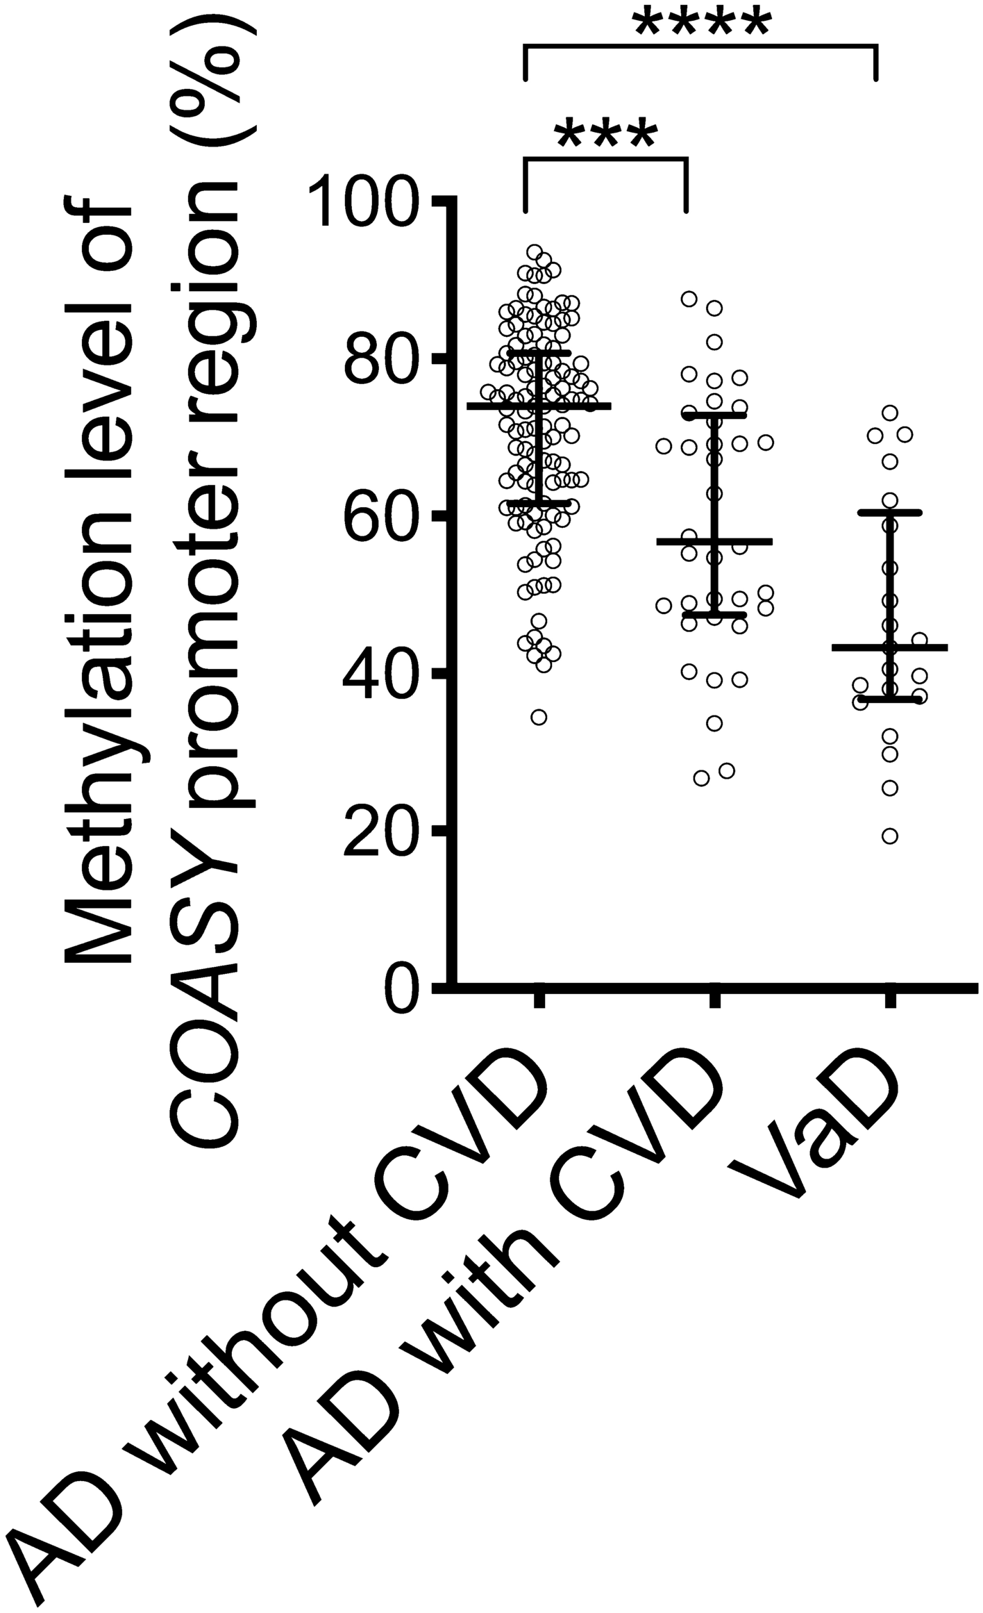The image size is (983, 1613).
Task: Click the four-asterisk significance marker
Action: pyautogui.click(x=701, y=22)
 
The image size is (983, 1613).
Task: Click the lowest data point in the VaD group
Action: pyautogui.click(x=889, y=836)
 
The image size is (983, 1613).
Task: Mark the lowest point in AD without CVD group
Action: pyautogui.click(x=539, y=717)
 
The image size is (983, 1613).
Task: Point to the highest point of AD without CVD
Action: pyautogui.click(x=535, y=251)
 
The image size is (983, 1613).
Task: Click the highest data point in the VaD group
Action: pyautogui.click(x=890, y=413)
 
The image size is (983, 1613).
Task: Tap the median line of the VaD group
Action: pyautogui.click(x=889, y=647)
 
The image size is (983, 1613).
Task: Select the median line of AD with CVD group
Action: pyautogui.click(x=714, y=541)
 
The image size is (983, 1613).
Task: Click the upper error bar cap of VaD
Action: pyautogui.click(x=889, y=513)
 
